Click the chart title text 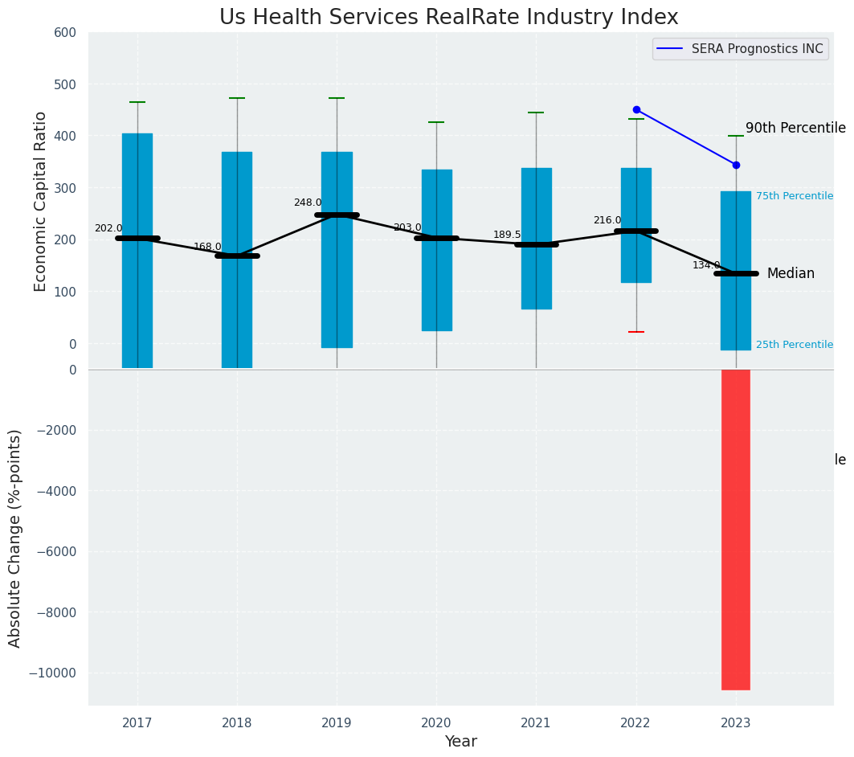[449, 18]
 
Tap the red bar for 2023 [736, 530]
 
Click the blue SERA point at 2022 [636, 109]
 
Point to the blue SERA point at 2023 [736, 165]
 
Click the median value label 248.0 [308, 203]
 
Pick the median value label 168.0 [207, 248]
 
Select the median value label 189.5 [507, 235]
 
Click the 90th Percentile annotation [795, 129]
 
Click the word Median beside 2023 [791, 274]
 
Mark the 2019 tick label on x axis [337, 722]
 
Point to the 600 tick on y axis [65, 33]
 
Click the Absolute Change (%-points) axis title [15, 538]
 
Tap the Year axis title [461, 742]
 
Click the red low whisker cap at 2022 [636, 332]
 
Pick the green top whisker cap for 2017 [137, 102]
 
